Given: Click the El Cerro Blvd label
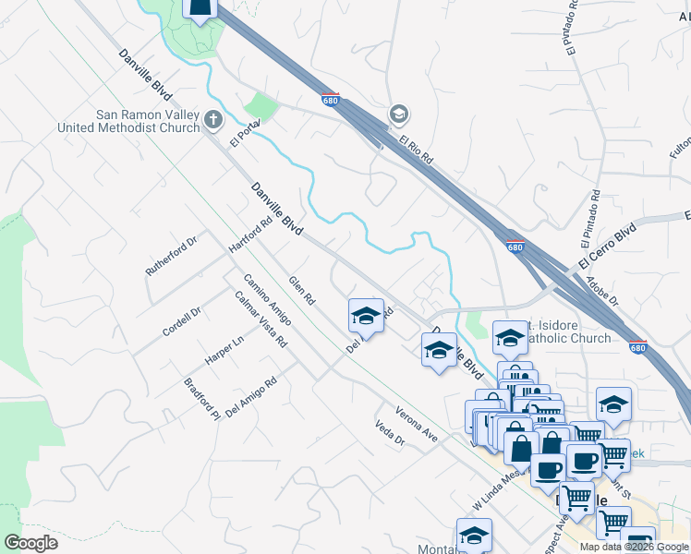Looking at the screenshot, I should click(x=608, y=246).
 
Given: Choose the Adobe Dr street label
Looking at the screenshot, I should click(x=602, y=287).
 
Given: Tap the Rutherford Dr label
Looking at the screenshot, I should click(x=172, y=256).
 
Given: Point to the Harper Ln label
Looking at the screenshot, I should click(x=224, y=350).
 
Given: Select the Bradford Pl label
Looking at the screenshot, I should click(x=201, y=398).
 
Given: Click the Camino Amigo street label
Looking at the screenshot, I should click(x=267, y=299).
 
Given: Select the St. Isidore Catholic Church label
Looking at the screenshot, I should click(x=565, y=332).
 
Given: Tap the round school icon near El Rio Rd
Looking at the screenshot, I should click(x=399, y=114).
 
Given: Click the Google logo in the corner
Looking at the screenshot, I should click(x=30, y=542).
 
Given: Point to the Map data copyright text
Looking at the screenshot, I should click(x=634, y=547).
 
